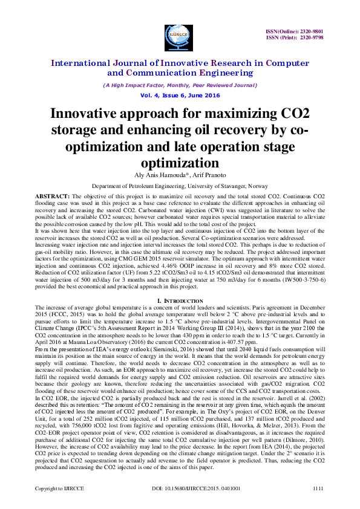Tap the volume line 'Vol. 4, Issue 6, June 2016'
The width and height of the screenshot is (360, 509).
[180, 96]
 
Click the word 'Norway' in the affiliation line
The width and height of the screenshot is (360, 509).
[256, 186]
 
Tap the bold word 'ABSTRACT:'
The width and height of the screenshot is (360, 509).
[53, 197]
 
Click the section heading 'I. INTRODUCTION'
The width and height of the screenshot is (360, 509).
[180, 300]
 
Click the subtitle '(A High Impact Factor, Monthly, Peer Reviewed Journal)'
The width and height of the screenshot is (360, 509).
[180, 85]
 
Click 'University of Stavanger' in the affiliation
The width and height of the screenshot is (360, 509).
[211, 186]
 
